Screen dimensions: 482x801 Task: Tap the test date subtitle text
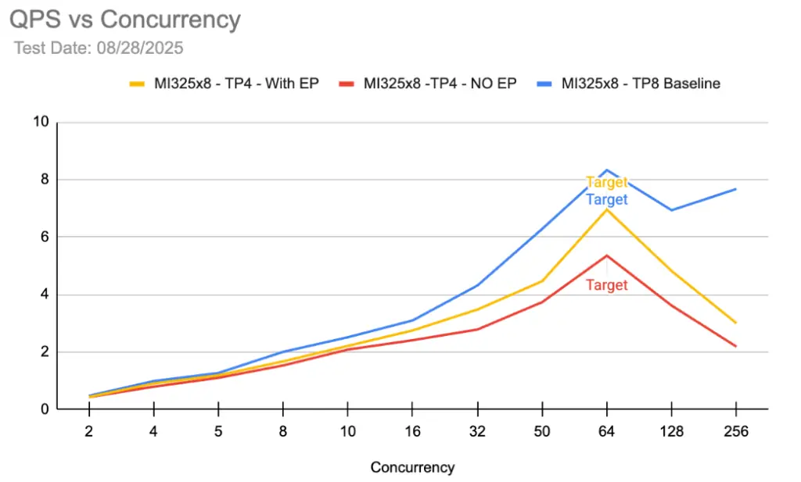[99, 48]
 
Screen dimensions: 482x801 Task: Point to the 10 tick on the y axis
[41, 122]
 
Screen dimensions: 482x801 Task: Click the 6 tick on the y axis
[45, 237]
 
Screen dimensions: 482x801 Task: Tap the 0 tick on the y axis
[45, 409]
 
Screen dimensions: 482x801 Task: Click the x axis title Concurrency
[412, 468]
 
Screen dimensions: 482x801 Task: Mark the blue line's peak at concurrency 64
[606, 170]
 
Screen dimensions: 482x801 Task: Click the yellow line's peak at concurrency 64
[606, 209]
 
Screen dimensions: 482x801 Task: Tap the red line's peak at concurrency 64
[606, 255]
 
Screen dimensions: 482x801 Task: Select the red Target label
[606, 285]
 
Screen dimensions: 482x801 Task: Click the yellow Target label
[606, 183]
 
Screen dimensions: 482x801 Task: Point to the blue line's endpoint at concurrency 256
[735, 189]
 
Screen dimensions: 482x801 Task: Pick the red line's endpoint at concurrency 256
[735, 346]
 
